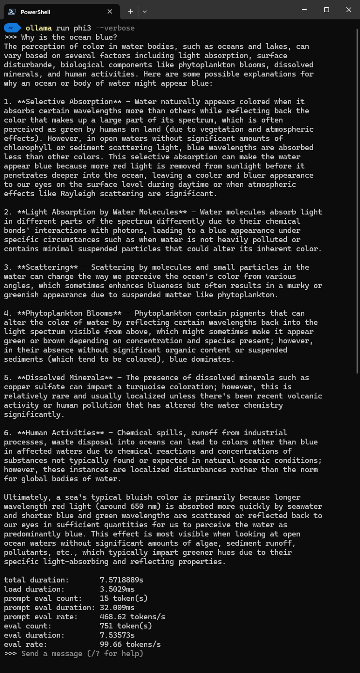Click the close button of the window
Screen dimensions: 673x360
click(x=349, y=10)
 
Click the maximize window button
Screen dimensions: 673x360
click(x=327, y=10)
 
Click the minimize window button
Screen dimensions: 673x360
click(x=304, y=10)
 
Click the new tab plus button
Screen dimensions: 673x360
click(x=130, y=11)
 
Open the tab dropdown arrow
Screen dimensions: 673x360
click(x=145, y=11)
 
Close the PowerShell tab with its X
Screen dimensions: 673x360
click(x=110, y=12)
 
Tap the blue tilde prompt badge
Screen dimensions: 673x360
click(x=11, y=28)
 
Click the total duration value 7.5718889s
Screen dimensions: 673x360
click(x=122, y=580)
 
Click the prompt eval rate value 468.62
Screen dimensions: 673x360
click(x=113, y=617)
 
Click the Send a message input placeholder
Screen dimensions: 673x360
click(x=82, y=654)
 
